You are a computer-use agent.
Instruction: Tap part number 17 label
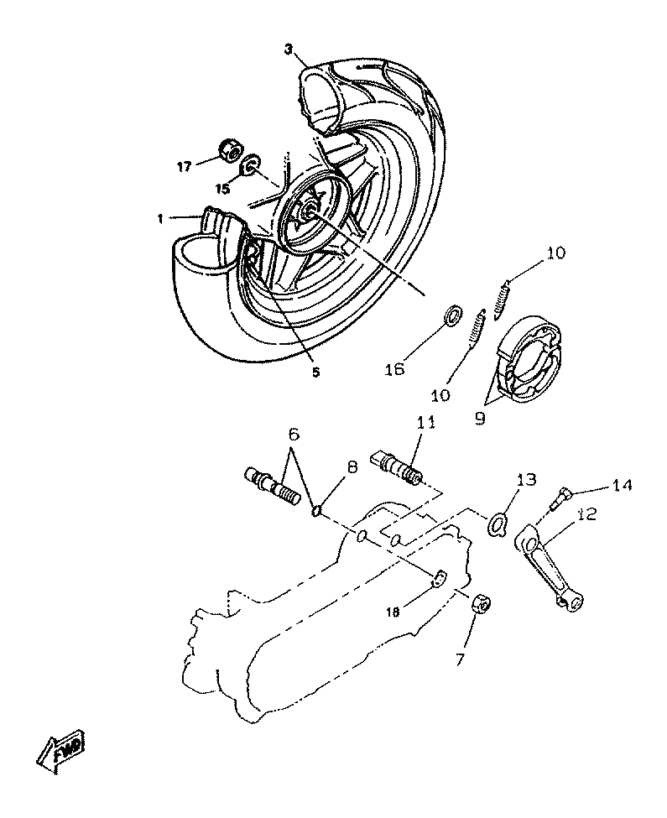pyautogui.click(x=185, y=164)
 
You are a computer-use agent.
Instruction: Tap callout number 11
pyautogui.click(x=425, y=422)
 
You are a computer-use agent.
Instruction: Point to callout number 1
pyautogui.click(x=159, y=219)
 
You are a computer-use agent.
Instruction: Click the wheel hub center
pyautogui.click(x=309, y=211)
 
